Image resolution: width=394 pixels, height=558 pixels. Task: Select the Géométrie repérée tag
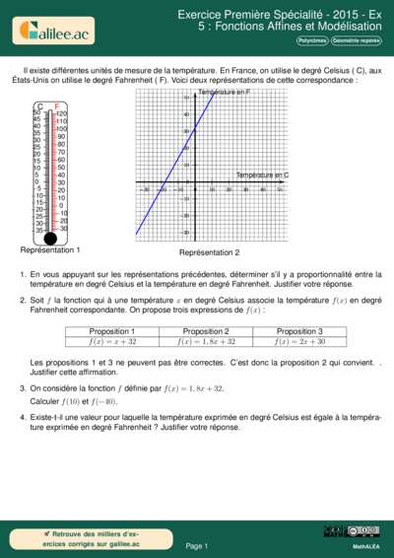(356, 41)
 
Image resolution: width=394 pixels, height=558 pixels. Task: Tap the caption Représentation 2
(209, 253)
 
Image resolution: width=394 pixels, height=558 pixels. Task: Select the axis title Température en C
(262, 174)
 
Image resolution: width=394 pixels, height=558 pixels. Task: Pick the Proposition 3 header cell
(299, 331)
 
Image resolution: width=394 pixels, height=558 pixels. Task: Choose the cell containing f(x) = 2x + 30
(299, 342)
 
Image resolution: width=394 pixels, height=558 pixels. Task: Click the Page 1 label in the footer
(196, 545)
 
